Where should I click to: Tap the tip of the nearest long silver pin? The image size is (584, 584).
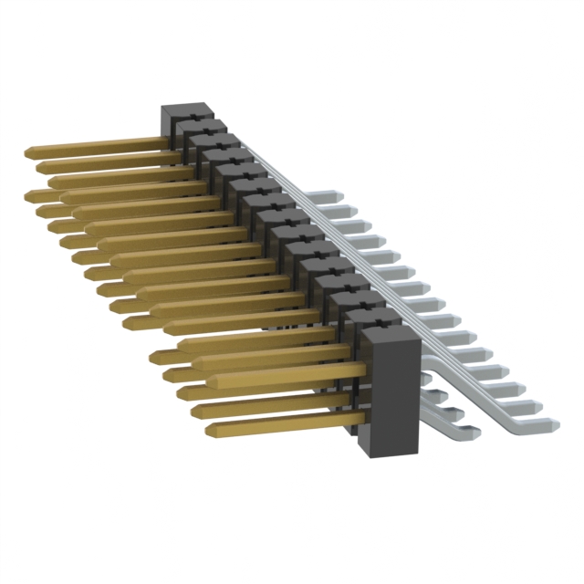[x=553, y=423]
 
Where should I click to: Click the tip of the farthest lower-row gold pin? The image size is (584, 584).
[x=31, y=194]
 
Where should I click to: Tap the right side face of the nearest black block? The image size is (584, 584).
[x=412, y=392]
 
